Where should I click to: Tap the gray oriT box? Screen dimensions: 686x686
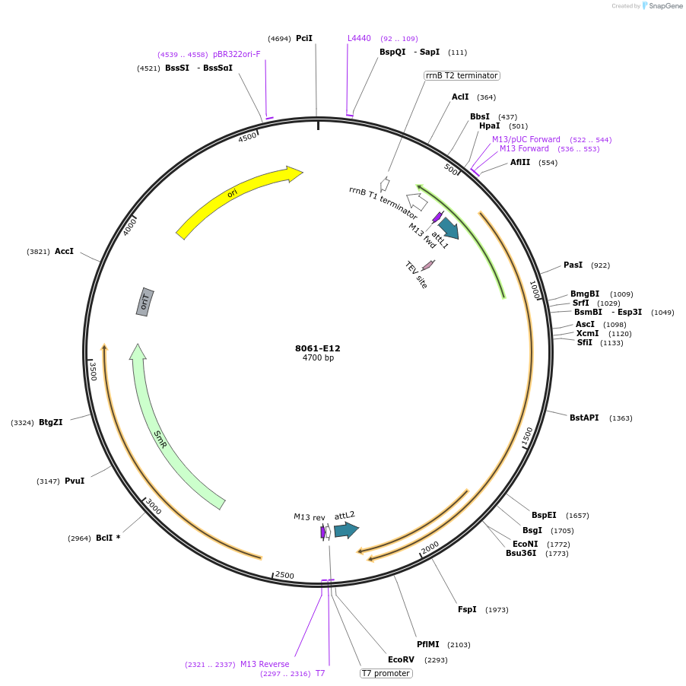(x=145, y=303)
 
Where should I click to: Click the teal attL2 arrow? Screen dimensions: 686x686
(x=345, y=529)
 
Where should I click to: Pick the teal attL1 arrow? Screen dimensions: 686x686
(x=448, y=228)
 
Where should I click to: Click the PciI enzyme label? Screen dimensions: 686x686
(x=304, y=38)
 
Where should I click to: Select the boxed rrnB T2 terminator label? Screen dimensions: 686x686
(x=462, y=75)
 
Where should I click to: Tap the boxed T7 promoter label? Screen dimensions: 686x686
(x=386, y=673)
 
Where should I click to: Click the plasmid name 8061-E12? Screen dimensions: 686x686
(x=318, y=348)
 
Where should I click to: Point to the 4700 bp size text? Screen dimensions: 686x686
(x=318, y=357)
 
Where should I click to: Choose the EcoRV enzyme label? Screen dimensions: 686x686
(x=402, y=659)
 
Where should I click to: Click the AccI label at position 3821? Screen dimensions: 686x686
(x=64, y=251)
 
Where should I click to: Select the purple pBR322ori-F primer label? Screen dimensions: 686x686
(x=237, y=54)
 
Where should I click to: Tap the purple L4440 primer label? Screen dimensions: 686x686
(x=359, y=38)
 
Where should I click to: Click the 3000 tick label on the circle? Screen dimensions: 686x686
(x=154, y=507)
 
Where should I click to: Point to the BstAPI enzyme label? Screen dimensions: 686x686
(x=584, y=418)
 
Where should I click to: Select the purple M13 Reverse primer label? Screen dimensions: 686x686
(x=265, y=664)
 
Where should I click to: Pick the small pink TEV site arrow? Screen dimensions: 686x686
(x=427, y=265)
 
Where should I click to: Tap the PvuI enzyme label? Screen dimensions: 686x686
(x=75, y=481)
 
